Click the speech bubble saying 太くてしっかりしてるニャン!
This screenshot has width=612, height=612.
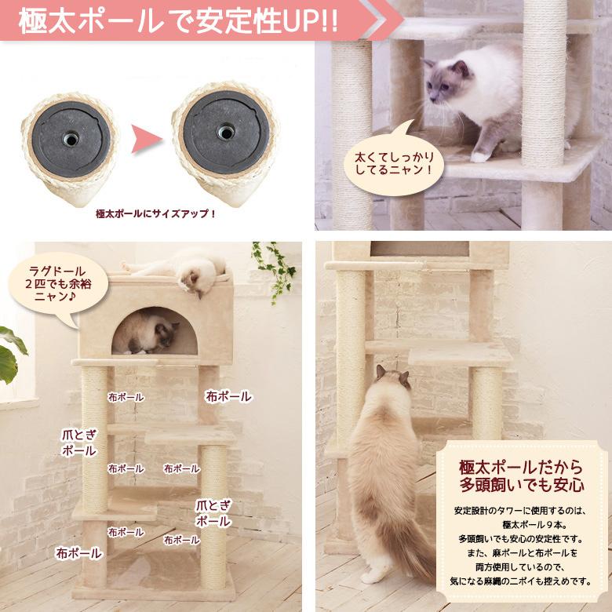pos(392,160)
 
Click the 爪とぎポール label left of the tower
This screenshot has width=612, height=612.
pos(78,443)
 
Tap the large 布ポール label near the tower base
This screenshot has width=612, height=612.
pos(78,553)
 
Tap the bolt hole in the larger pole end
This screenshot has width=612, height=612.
pos(225,132)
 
